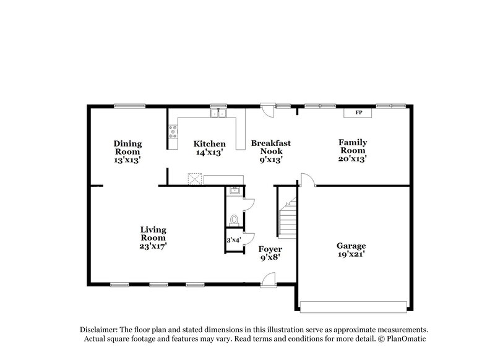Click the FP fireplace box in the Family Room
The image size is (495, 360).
coord(358,113)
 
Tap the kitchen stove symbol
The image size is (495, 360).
coord(173,131)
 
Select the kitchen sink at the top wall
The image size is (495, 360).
coord(218,113)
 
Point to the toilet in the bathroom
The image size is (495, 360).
coord(234,220)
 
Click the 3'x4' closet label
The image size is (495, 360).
coord(233,240)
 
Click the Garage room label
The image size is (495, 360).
coord(351,246)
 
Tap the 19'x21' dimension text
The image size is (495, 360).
coord(351,254)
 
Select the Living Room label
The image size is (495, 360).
coord(152,233)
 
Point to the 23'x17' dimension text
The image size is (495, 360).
coord(152,246)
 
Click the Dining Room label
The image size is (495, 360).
coord(127,147)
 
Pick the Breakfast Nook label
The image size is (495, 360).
coord(270,147)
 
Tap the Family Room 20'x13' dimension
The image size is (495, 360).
coord(352,159)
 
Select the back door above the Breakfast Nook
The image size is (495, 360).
coord(267,109)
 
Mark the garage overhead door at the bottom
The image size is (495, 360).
coord(353,306)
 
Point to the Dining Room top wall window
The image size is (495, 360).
coord(126,106)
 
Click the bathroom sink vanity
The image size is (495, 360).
coord(235,191)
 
